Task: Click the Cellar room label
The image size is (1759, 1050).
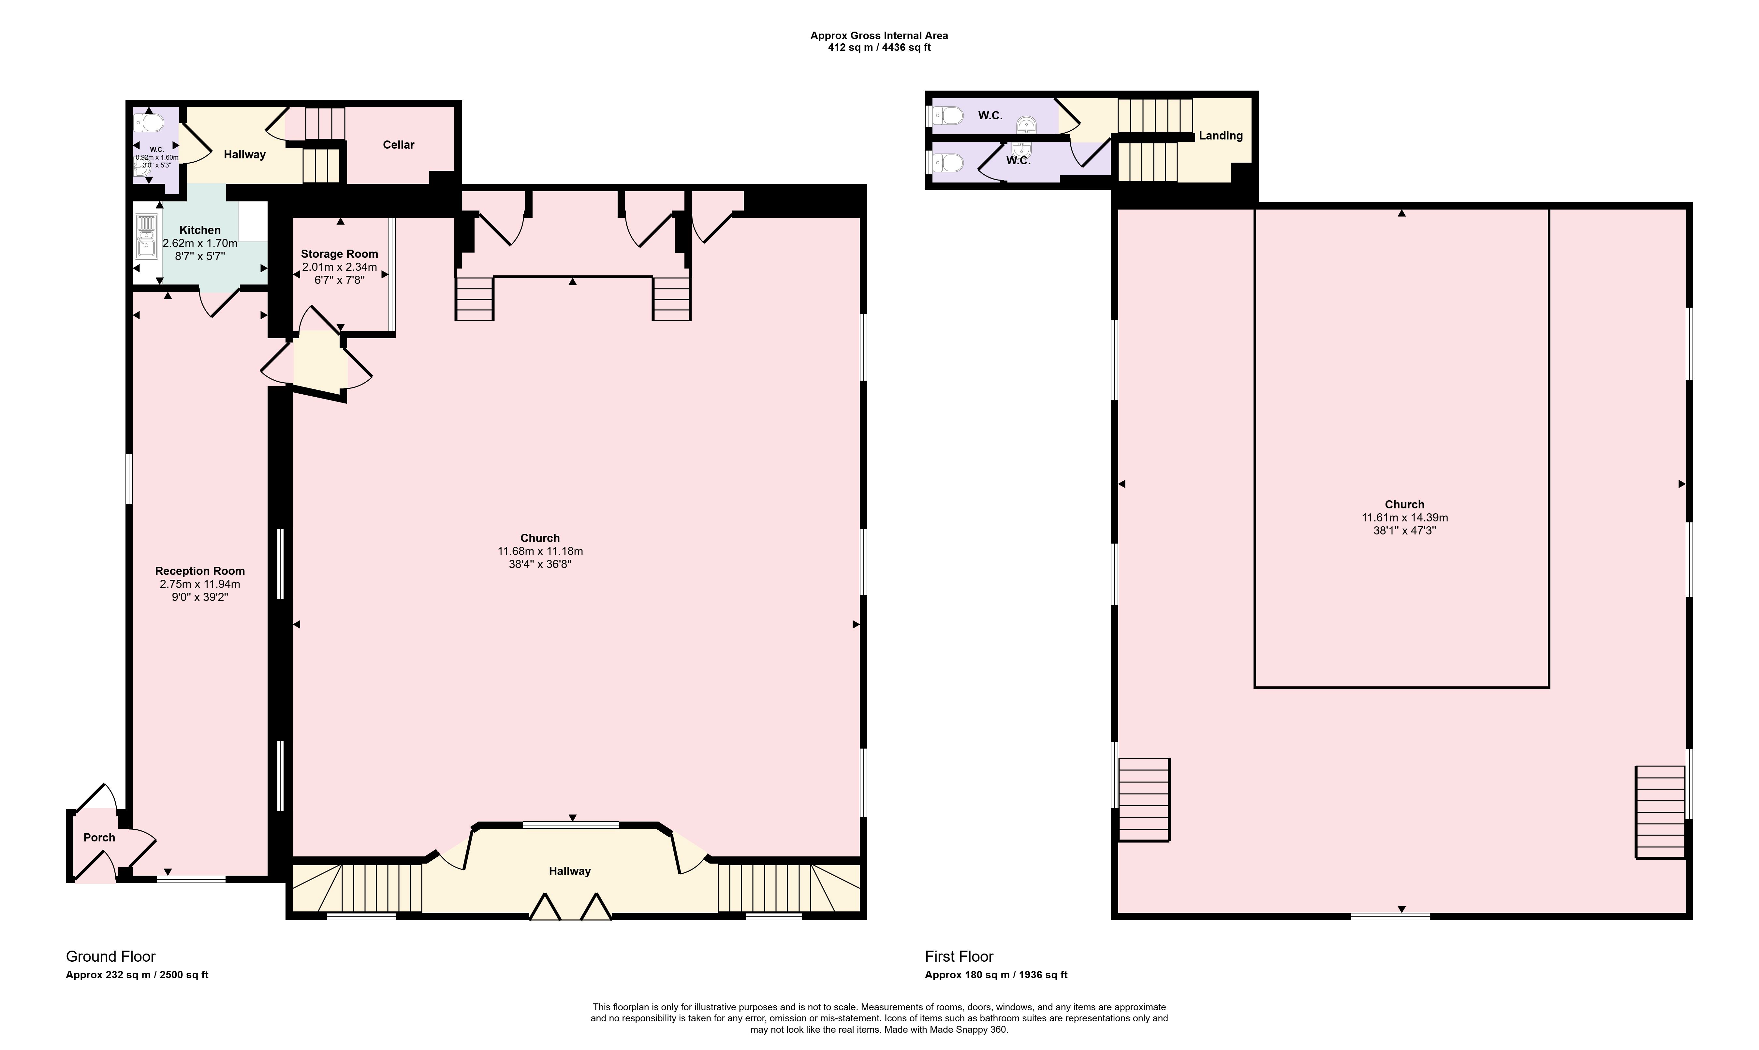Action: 398,144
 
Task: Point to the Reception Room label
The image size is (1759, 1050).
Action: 200,571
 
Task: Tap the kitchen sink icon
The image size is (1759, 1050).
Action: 146,236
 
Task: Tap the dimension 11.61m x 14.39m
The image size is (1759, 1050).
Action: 1404,517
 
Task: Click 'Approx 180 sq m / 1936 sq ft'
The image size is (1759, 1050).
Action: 996,975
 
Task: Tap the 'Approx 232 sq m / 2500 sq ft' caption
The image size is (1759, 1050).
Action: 137,975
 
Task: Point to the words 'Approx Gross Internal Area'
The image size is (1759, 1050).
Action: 879,36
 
